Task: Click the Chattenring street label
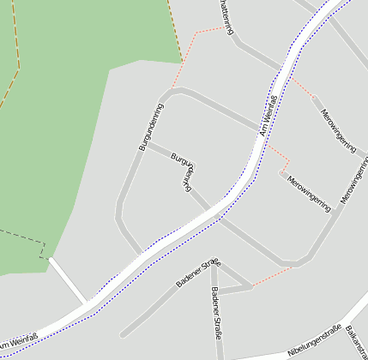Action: (x=226, y=16)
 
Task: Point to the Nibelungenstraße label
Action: (x=315, y=339)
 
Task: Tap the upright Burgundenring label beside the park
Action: (x=151, y=127)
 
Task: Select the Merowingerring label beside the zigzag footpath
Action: (x=309, y=193)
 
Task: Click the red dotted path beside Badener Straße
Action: (x=272, y=275)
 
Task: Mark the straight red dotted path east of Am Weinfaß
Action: (x=300, y=87)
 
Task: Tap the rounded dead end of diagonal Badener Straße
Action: (x=125, y=333)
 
